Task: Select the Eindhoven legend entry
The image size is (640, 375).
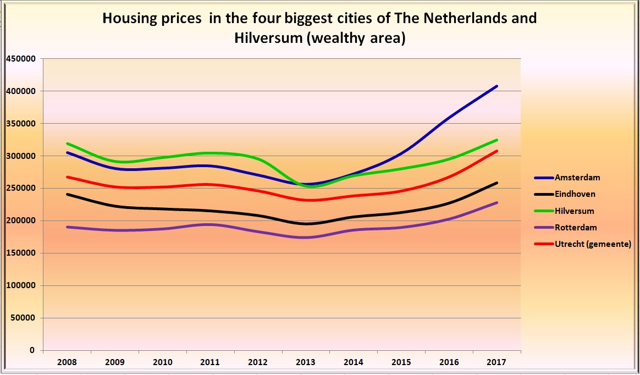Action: (575, 194)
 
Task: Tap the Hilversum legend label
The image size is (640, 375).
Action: (575, 211)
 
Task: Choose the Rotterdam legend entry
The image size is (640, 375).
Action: (575, 227)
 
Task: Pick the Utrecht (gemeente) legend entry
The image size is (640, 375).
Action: (593, 244)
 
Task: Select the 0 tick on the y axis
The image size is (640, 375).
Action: (32, 350)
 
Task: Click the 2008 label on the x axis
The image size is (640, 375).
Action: (67, 362)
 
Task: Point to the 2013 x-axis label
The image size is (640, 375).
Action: (306, 362)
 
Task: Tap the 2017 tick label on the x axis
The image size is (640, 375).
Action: (497, 362)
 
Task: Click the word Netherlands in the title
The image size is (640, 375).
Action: (440, 19)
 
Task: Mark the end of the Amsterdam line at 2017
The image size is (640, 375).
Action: (497, 86)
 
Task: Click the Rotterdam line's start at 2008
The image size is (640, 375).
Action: (67, 227)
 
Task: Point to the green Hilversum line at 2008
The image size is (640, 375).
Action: (67, 144)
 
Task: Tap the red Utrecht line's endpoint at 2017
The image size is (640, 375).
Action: (497, 151)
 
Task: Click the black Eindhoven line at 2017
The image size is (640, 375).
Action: (497, 183)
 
